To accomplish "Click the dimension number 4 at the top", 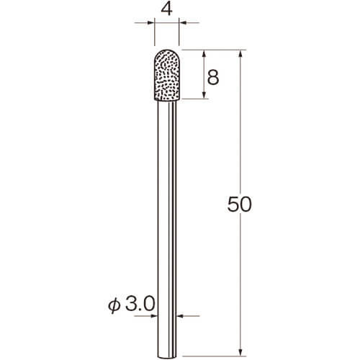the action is tap(167, 10).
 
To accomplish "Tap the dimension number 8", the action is tap(213, 77).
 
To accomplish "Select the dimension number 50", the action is tap(239, 204).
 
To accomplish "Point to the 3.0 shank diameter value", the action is tap(140, 305).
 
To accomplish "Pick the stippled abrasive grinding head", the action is tap(167, 75).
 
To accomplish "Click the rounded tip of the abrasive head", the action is tap(167, 50).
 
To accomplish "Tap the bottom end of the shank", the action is tap(167, 356).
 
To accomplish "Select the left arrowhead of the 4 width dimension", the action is tap(150, 23).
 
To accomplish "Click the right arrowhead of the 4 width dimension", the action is tap(183, 23).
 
